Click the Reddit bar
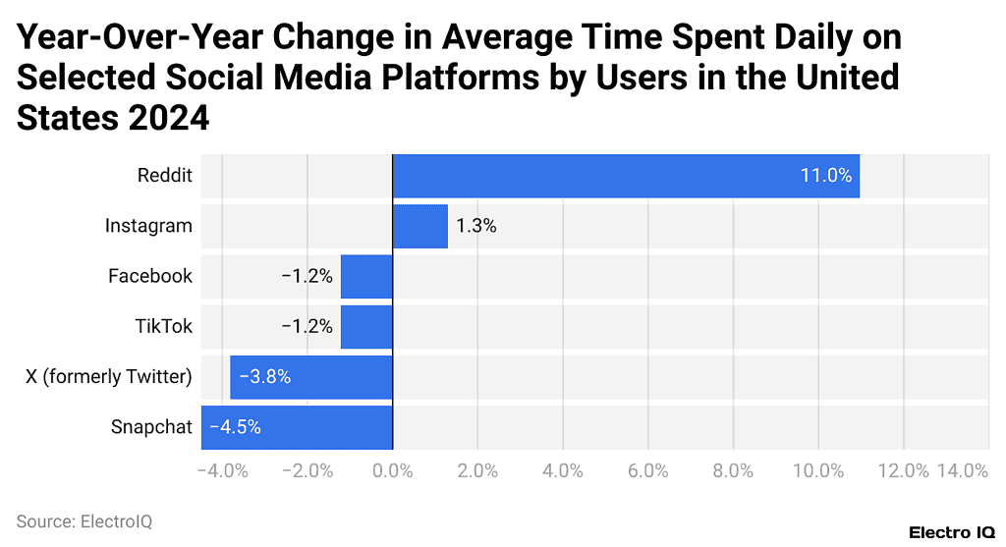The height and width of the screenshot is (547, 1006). click(x=626, y=176)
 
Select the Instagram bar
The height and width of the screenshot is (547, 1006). click(x=419, y=226)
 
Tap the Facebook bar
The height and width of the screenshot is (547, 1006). click(x=366, y=276)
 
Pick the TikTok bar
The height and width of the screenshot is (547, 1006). click(x=366, y=326)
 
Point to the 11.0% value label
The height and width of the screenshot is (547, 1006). click(x=825, y=176)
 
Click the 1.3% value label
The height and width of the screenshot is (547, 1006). click(x=475, y=226)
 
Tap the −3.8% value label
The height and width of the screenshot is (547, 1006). click(x=264, y=377)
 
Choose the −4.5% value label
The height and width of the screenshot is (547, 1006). click(x=235, y=427)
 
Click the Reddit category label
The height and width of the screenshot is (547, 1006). click(x=165, y=176)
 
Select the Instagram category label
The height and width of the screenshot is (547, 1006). click(x=148, y=226)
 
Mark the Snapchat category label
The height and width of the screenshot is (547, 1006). click(x=151, y=427)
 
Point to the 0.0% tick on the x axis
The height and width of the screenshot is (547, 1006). click(x=393, y=470)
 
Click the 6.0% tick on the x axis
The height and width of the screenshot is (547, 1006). click(x=648, y=470)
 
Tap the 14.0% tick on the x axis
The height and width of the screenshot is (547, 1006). click(x=962, y=470)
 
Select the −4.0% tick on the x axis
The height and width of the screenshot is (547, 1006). click(x=222, y=470)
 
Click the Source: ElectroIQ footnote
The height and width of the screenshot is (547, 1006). click(x=84, y=521)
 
